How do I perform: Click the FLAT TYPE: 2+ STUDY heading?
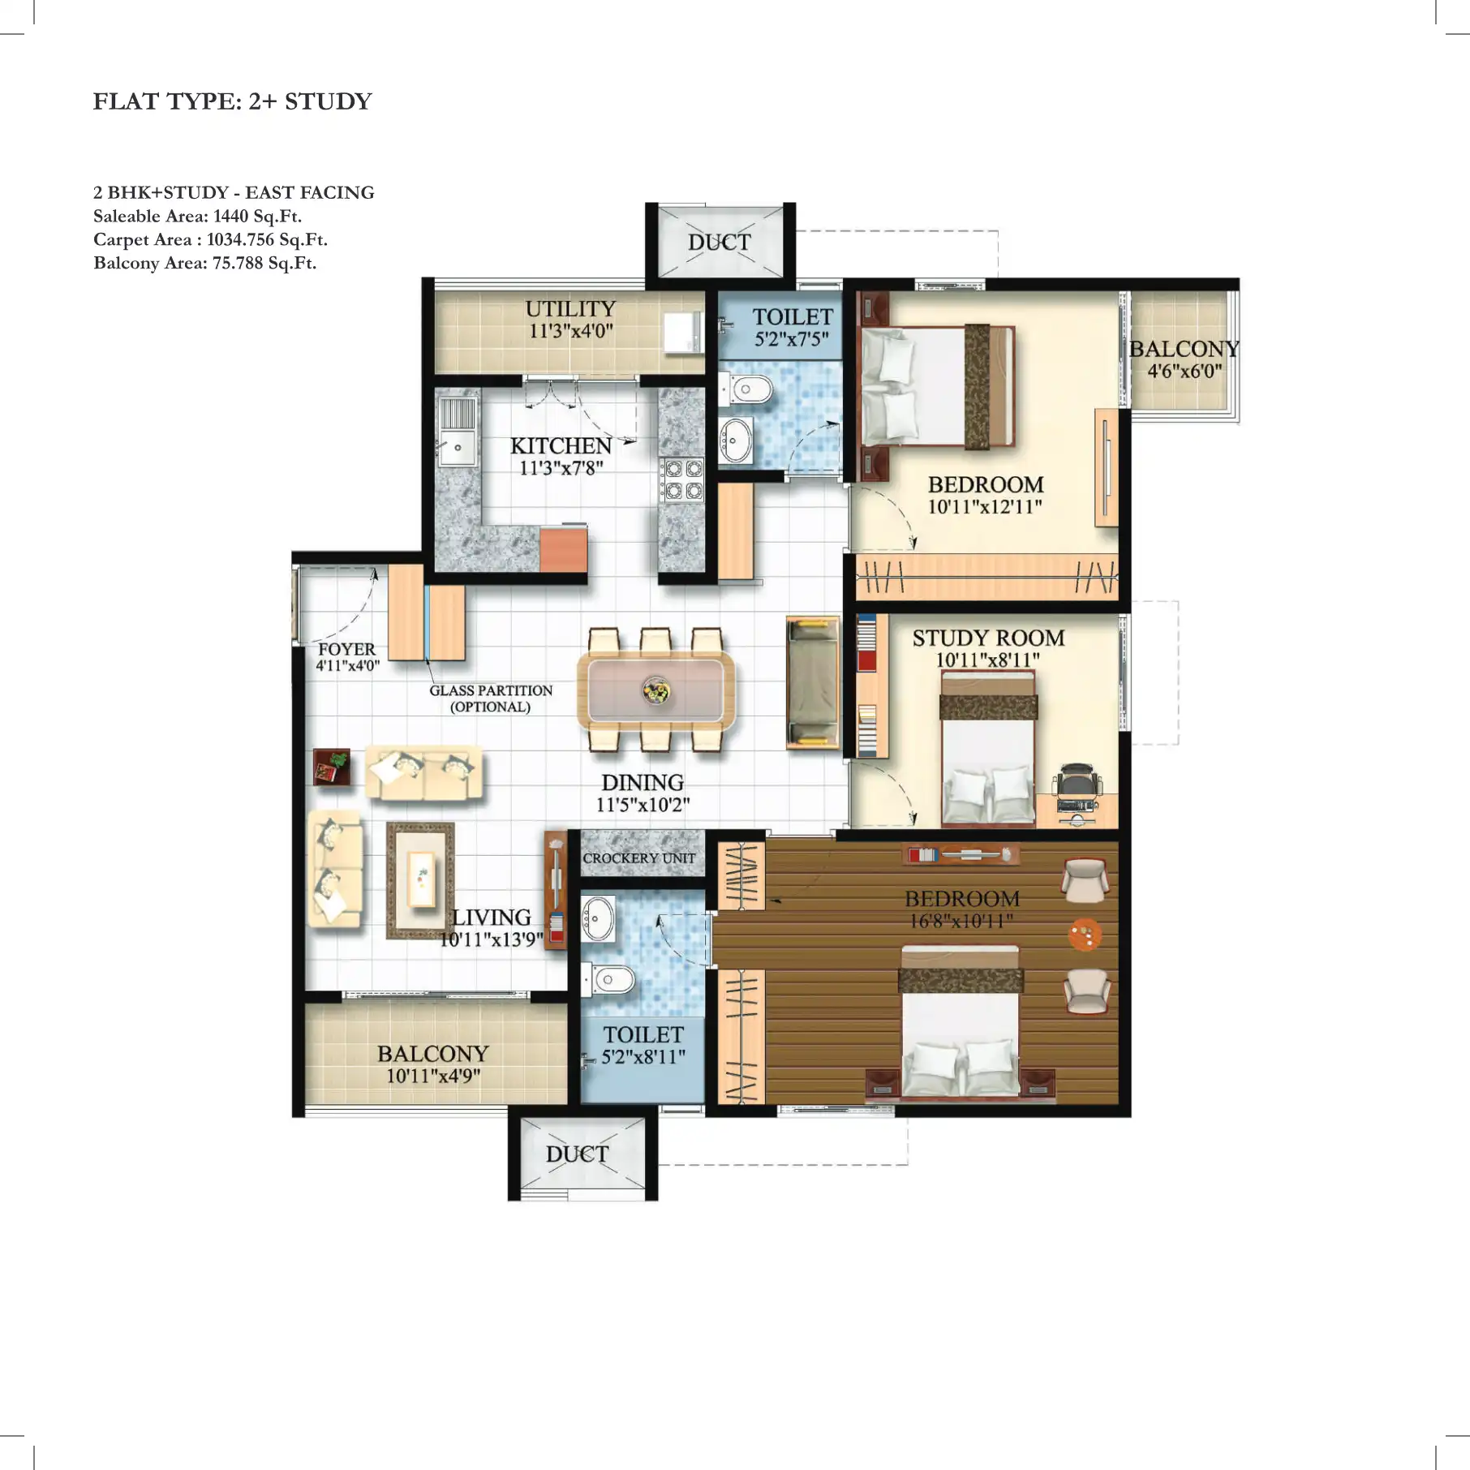click(232, 101)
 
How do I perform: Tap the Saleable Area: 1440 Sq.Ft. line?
click(197, 217)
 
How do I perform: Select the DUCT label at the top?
click(719, 243)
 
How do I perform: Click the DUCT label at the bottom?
click(577, 1154)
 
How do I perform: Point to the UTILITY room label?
click(570, 309)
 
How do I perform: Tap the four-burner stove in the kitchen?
click(682, 479)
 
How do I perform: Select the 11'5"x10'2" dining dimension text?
click(643, 805)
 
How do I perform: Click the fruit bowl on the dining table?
click(655, 691)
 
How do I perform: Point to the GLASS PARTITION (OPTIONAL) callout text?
click(490, 698)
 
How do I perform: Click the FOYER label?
click(346, 649)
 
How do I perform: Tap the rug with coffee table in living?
click(420, 880)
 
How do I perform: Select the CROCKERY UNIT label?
click(638, 858)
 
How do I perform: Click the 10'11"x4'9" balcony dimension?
click(433, 1077)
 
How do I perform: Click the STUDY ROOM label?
click(987, 638)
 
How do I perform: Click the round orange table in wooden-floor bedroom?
click(1085, 934)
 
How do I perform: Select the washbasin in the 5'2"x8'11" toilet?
click(599, 918)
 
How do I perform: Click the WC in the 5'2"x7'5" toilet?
click(750, 390)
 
